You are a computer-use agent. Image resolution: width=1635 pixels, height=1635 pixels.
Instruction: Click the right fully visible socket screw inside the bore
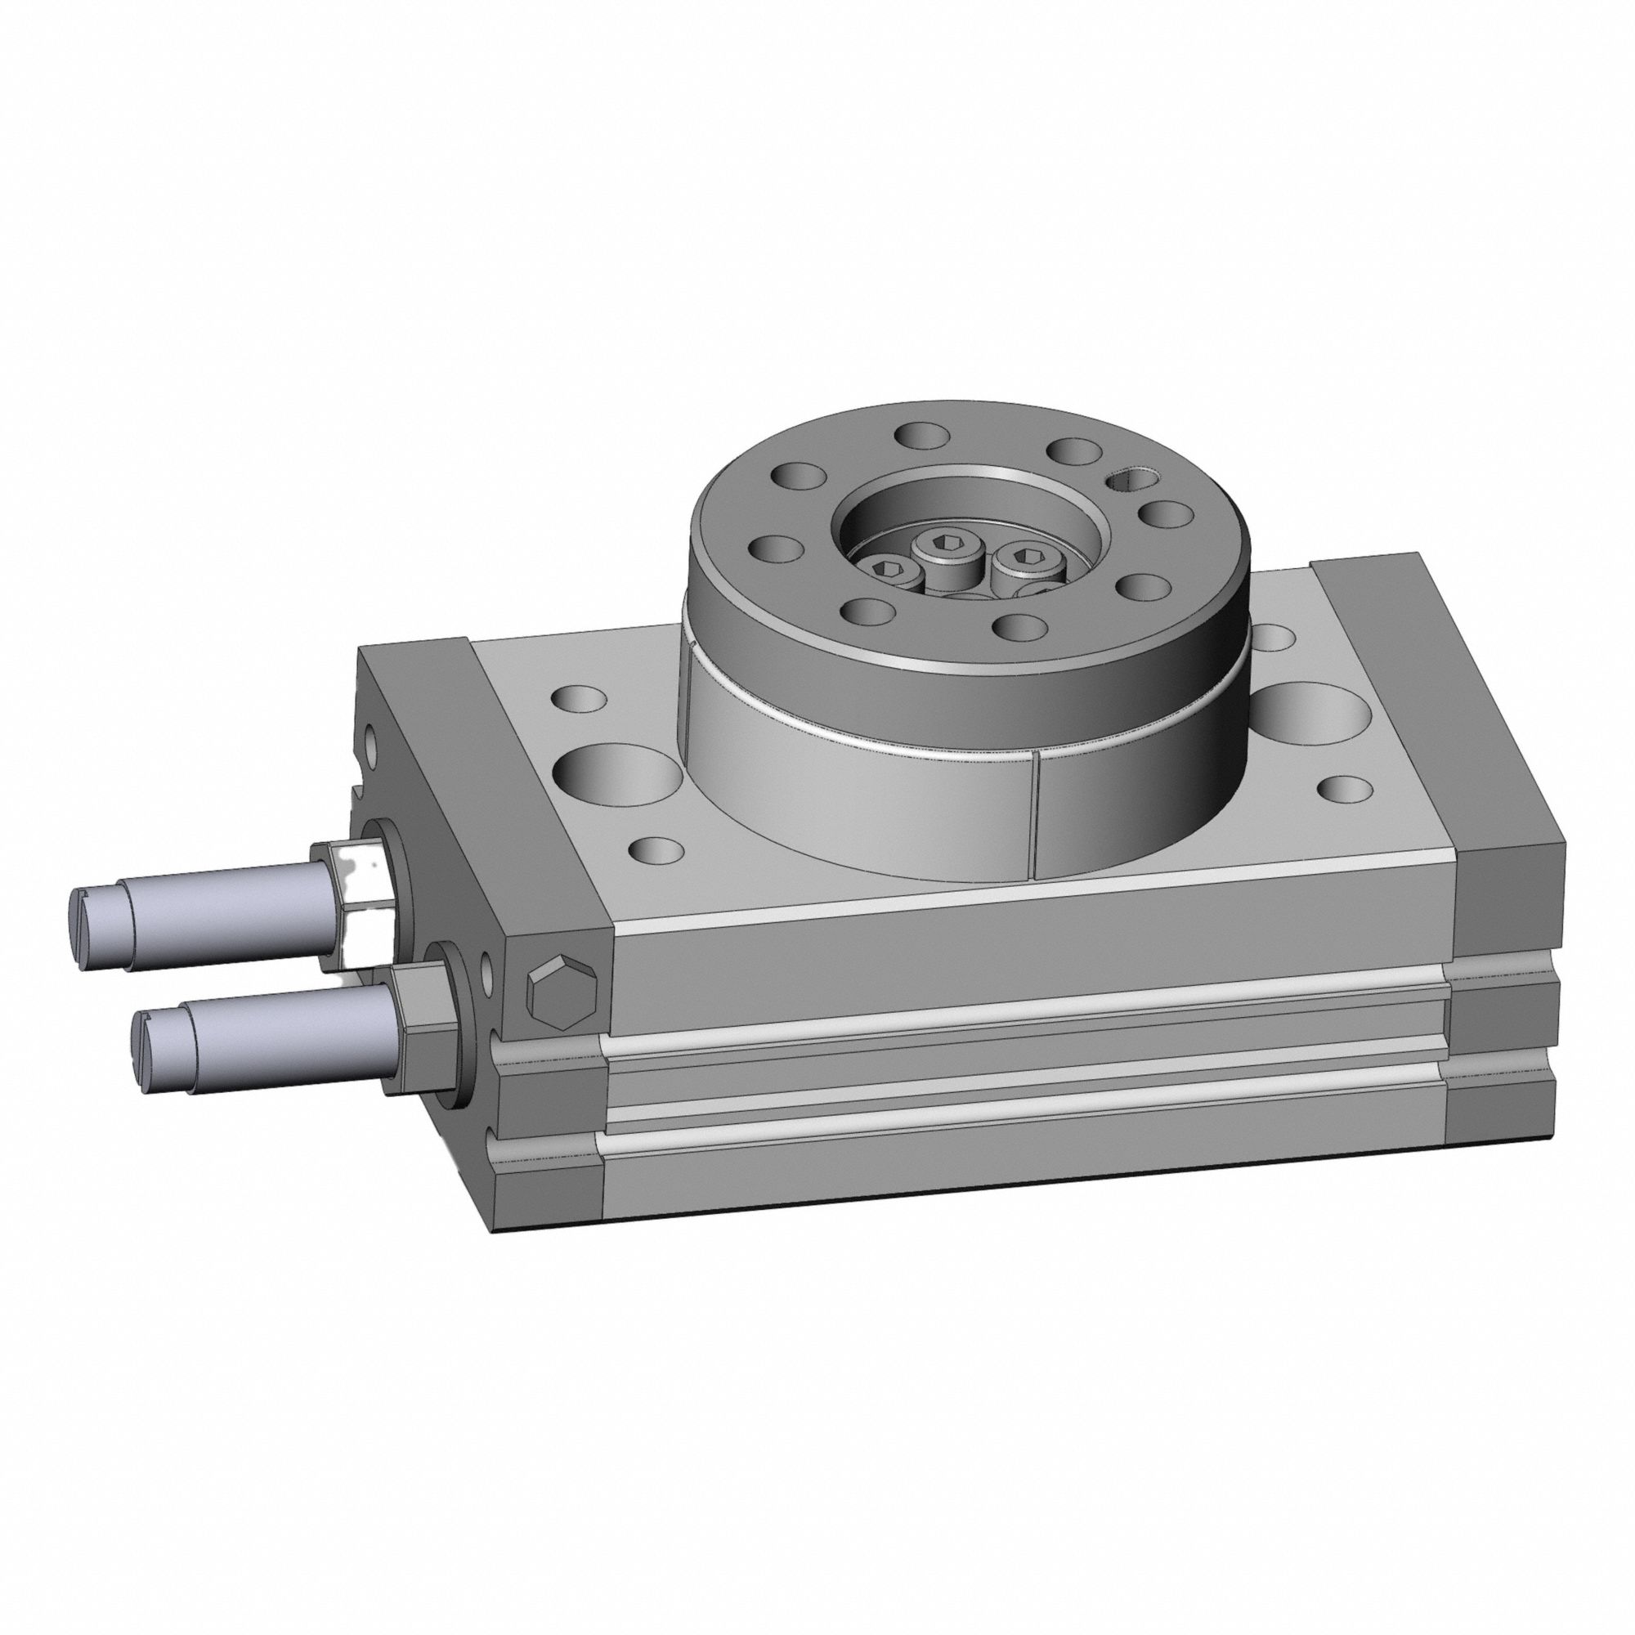click(x=1027, y=556)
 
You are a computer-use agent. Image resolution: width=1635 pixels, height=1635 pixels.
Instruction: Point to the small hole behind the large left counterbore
click(x=579, y=699)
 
